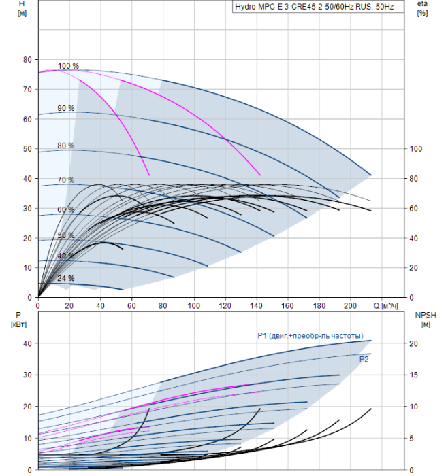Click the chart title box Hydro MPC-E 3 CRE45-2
pyautogui.click(x=318, y=7)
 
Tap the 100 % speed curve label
pyautogui.click(x=68, y=66)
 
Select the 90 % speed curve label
pyautogui.click(x=65, y=108)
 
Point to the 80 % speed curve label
pyautogui.click(x=65, y=146)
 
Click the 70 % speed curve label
pyautogui.click(x=65, y=180)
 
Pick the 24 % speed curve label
pyautogui.click(x=65, y=278)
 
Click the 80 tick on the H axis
pyautogui.click(x=27, y=60)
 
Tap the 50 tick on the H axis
pyautogui.click(x=27, y=149)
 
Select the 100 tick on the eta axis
pyautogui.click(x=416, y=149)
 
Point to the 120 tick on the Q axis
pyautogui.click(x=225, y=305)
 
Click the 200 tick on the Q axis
pyautogui.click(x=350, y=305)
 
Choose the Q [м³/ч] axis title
pyautogui.click(x=385, y=305)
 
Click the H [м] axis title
pyautogui.click(x=22, y=8)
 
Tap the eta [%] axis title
pyautogui.click(x=423, y=8)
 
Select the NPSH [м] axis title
pyautogui.click(x=426, y=320)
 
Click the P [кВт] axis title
pyautogui.click(x=18, y=320)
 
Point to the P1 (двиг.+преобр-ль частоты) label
pyautogui.click(x=310, y=335)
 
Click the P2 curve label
pyautogui.click(x=364, y=360)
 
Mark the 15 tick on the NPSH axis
pyautogui.click(x=414, y=375)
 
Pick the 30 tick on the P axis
pyautogui.click(x=27, y=375)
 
